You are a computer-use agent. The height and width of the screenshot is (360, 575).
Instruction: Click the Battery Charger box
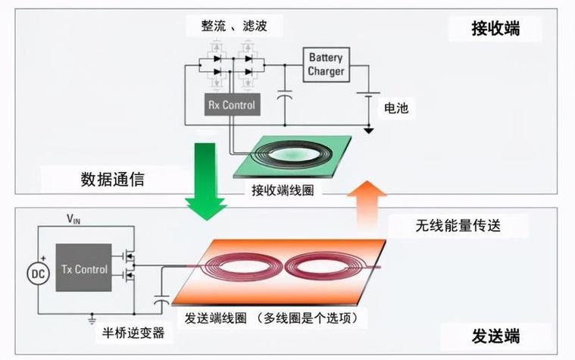click(326, 64)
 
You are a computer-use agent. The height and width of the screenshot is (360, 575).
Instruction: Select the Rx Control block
click(231, 105)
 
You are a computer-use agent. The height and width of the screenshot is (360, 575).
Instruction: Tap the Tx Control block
click(84, 269)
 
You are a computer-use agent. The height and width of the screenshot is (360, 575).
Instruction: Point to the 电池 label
click(395, 109)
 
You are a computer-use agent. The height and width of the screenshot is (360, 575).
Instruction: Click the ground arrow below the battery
click(369, 130)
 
